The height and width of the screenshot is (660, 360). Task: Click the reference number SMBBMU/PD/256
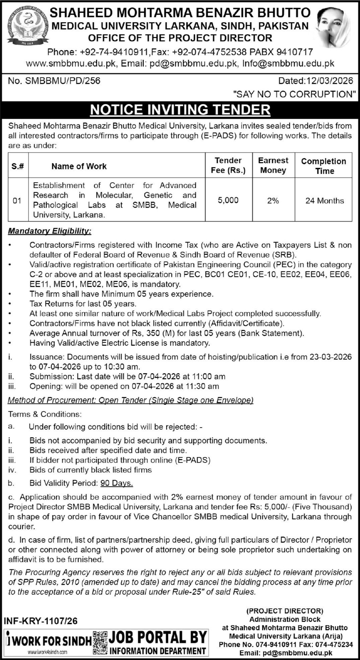pos(63,81)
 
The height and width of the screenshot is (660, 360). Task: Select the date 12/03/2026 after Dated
pos(328,81)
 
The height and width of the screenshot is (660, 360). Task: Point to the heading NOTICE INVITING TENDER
pos(180,110)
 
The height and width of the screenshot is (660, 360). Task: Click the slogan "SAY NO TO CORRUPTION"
pos(294,94)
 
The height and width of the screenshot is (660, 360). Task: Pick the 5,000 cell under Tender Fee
pos(228,200)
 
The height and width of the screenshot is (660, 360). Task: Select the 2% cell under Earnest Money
pos(273,201)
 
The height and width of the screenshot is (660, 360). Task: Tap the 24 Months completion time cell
pos(324,201)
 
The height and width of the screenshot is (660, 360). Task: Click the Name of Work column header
pos(79,166)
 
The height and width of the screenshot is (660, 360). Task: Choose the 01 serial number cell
pos(17,201)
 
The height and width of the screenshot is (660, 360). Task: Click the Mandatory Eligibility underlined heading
pos(50,231)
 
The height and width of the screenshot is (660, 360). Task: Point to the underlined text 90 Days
pos(117,483)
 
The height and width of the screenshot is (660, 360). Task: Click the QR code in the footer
pos(100,642)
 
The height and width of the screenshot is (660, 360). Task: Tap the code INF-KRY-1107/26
pos(40,621)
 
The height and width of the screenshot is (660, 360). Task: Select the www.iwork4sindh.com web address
pos(48,652)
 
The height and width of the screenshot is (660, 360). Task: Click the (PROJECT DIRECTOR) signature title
pos(285,611)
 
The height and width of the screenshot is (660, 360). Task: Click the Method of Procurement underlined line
pos(131,400)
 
